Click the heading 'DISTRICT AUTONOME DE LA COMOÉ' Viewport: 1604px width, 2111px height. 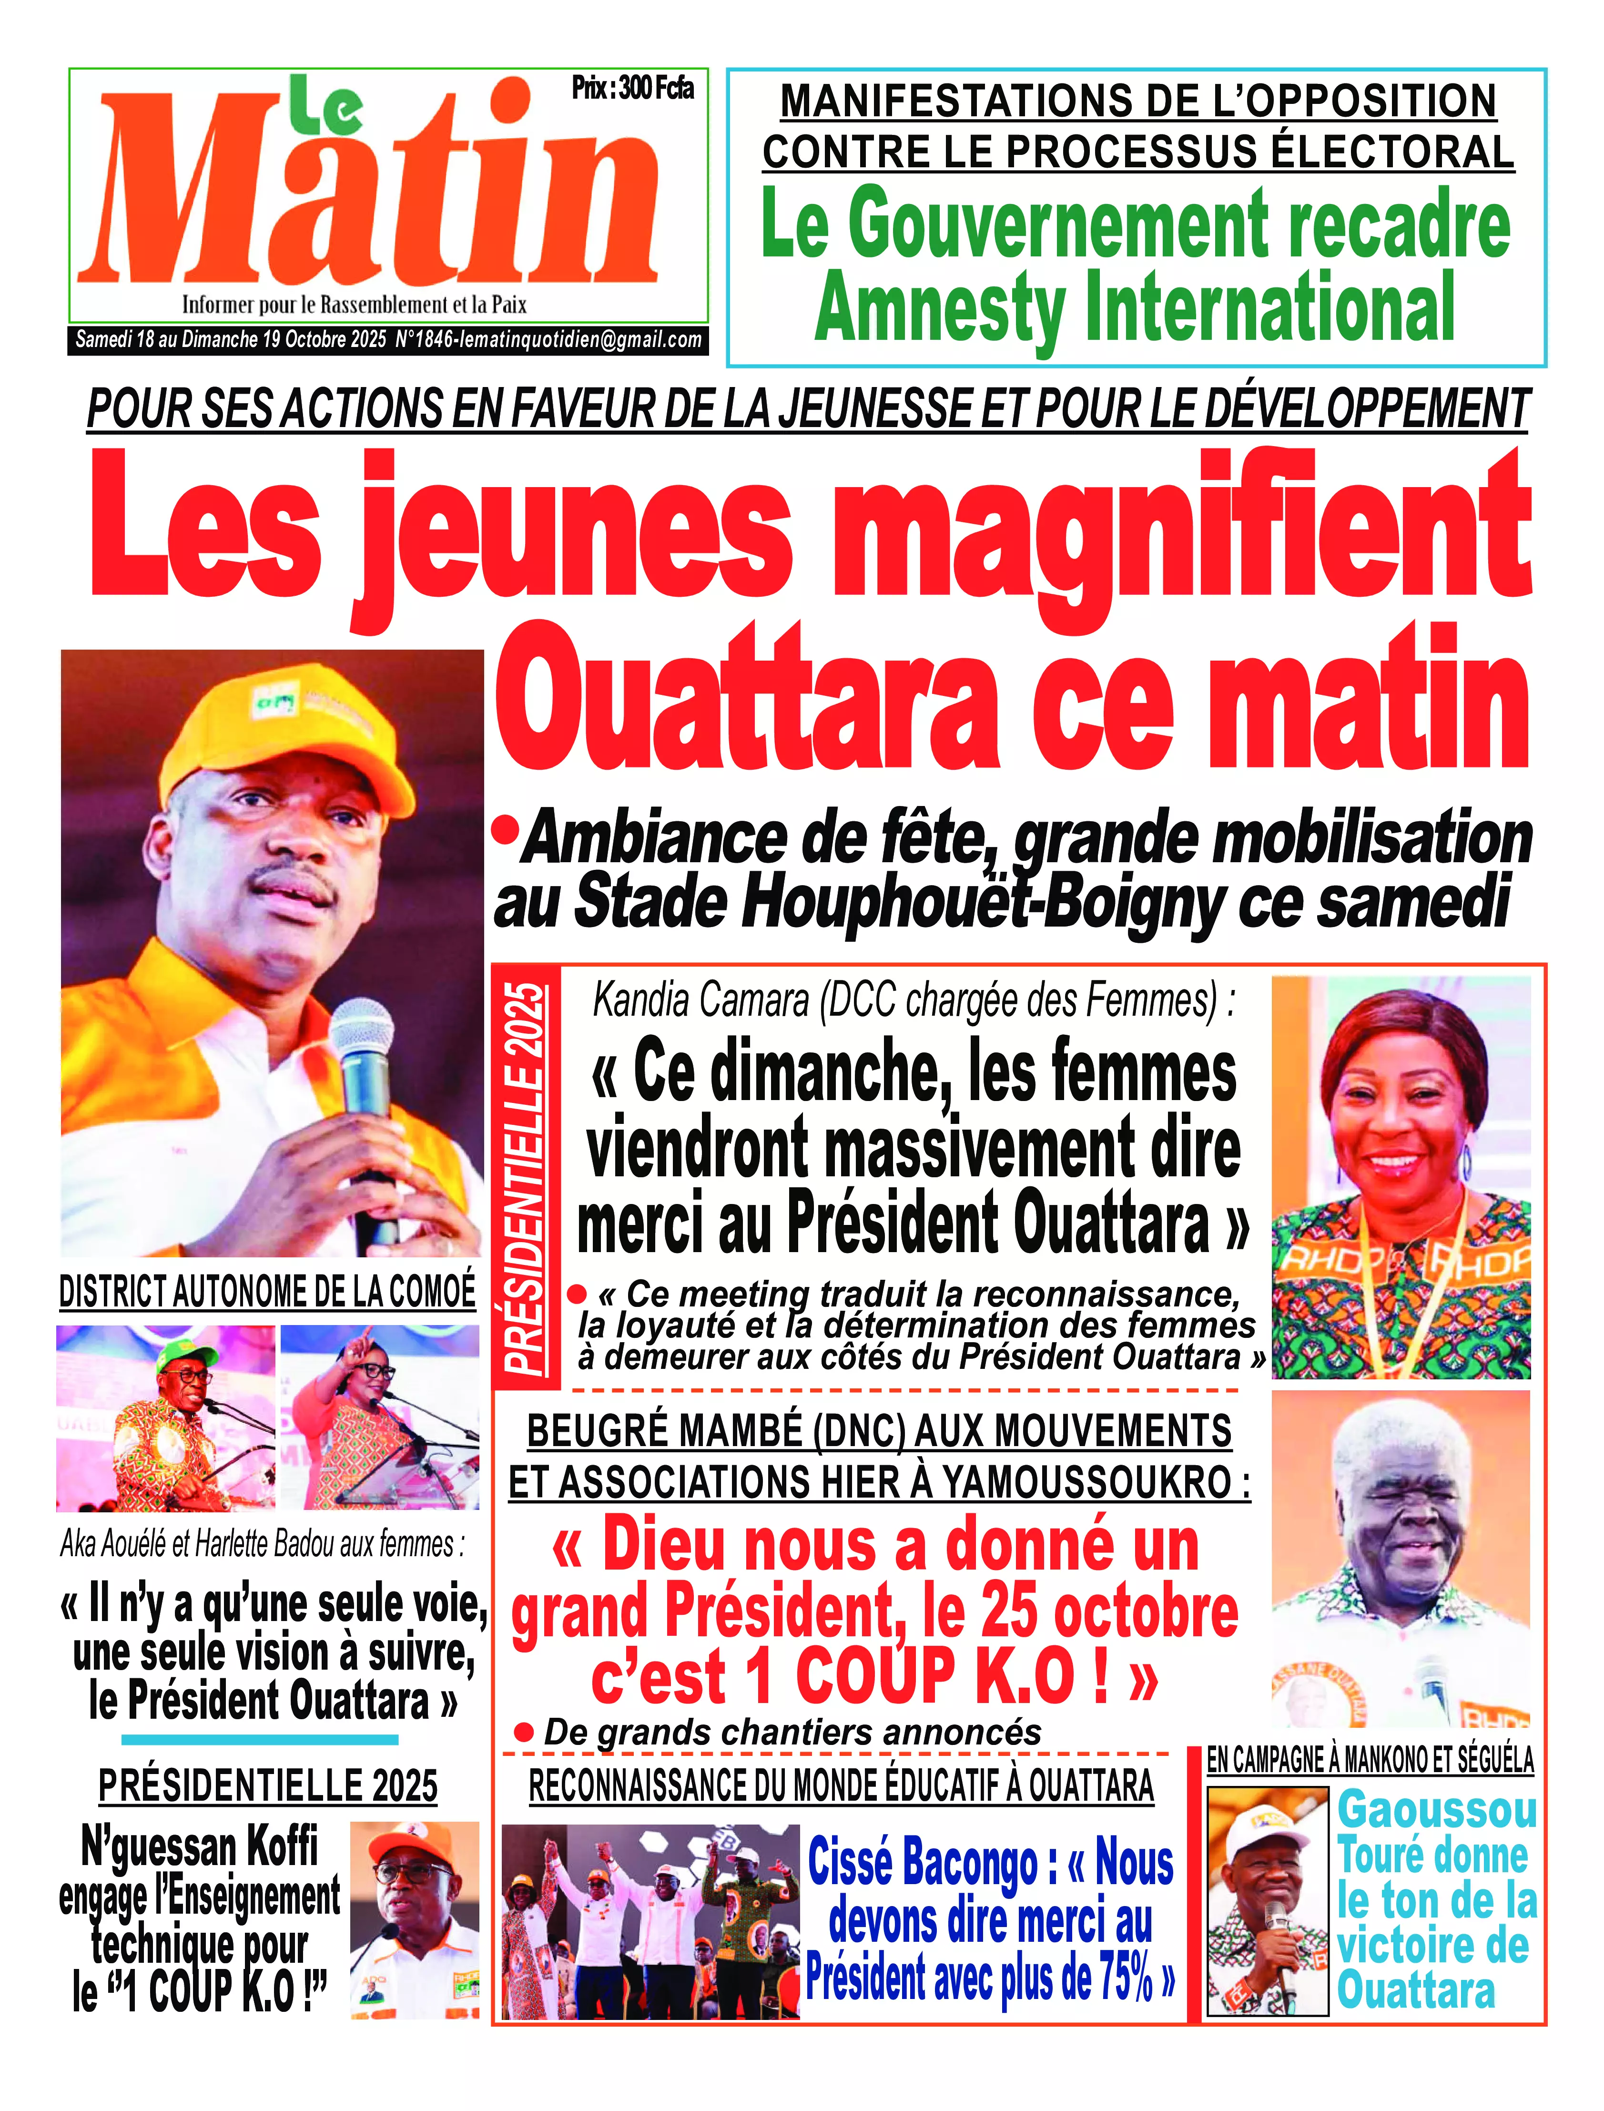coord(267,1292)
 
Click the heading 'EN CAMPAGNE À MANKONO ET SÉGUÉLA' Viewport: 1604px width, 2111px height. coord(1370,1760)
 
